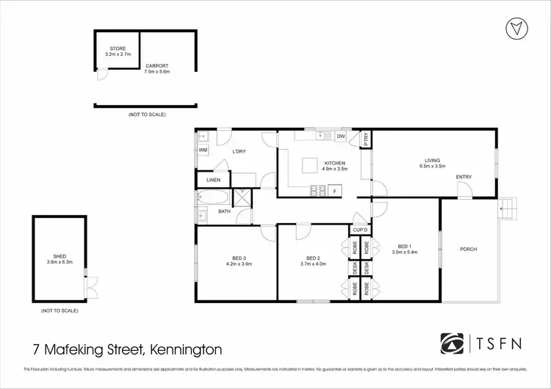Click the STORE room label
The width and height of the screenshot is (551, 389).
tap(118, 48)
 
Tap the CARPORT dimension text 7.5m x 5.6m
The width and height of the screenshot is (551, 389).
tap(157, 71)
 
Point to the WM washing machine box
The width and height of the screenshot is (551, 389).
tap(203, 150)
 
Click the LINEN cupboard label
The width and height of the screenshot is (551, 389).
tap(213, 179)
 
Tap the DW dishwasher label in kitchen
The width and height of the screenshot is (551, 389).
tap(341, 137)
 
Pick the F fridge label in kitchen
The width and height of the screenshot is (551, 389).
tap(335, 192)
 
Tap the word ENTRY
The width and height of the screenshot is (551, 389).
tap(464, 176)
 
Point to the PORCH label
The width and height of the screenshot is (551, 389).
tap(468, 250)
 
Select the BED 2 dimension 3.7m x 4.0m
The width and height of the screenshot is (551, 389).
tap(313, 263)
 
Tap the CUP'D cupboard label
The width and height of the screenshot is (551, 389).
tap(359, 230)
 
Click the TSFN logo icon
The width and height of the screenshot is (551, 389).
tap(450, 343)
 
